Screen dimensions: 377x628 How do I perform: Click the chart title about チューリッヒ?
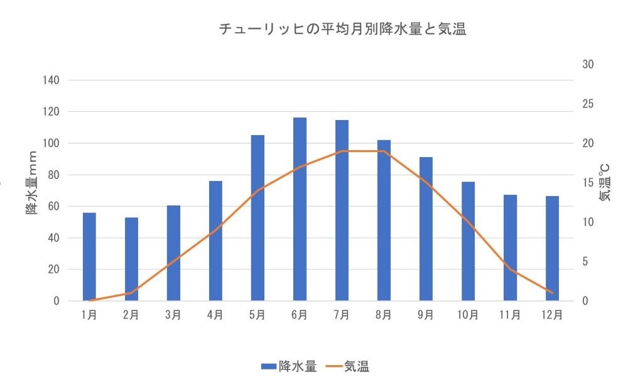coord(342,30)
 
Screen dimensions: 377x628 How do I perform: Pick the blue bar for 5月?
coord(257,217)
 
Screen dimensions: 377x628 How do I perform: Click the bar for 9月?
coord(426,229)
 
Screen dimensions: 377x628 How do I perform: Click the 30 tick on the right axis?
coord(587,65)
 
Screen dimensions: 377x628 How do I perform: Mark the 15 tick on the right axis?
coord(587,183)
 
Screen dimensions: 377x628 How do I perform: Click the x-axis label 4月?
coord(215,315)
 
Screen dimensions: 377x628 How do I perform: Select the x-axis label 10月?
coord(468,315)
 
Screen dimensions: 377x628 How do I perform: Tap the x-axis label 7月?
coord(342,315)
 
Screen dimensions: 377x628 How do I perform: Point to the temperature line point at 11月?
coord(510,270)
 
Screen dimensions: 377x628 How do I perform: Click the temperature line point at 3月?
coord(173,261)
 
